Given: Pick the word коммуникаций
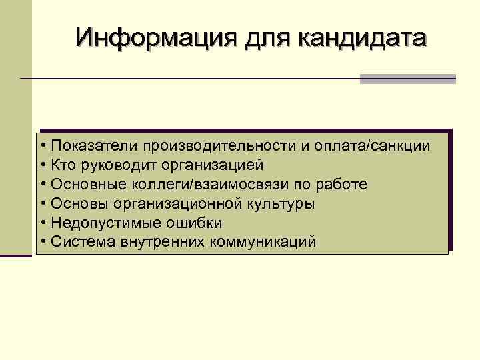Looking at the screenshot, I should (x=263, y=241).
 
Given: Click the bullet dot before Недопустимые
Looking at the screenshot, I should (x=42, y=223).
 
